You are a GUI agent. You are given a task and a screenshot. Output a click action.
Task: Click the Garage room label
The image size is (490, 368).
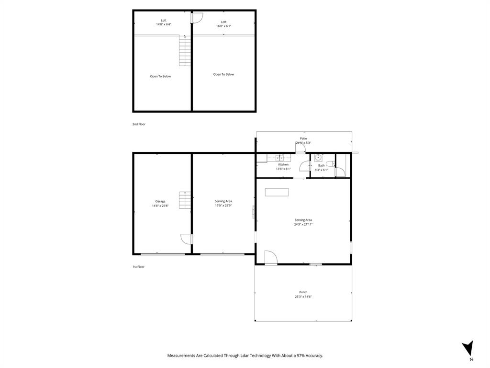coord(160,201)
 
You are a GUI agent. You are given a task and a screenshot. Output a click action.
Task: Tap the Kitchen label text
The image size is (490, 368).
coord(283,164)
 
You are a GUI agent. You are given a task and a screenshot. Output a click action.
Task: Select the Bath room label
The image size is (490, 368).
coord(321,165)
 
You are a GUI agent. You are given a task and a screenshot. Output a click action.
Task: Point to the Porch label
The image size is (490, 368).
coord(303,292)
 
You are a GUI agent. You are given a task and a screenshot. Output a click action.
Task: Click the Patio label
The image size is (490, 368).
coord(303,138)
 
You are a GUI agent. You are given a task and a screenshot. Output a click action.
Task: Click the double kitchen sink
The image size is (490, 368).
coord(279,157)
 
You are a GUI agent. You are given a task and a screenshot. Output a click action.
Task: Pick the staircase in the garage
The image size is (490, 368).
coord(185,200)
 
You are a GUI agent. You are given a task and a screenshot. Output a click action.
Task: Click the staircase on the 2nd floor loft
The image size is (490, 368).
coord(185,50)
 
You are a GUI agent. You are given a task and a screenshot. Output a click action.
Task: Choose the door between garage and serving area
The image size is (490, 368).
coord(187,239)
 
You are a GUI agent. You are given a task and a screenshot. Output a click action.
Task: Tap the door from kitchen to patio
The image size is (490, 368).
coord(300,149)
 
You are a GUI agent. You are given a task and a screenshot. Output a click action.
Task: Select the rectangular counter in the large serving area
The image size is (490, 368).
coord(277,192)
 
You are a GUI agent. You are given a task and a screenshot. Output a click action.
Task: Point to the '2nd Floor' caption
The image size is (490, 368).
coord(139,124)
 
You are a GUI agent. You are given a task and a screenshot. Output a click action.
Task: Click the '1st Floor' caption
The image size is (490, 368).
coord(138,267)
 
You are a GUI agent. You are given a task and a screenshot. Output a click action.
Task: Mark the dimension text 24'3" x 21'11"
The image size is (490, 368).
coord(303,224)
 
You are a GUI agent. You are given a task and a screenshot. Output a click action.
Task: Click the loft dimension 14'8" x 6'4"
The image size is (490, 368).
coord(164,24)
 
